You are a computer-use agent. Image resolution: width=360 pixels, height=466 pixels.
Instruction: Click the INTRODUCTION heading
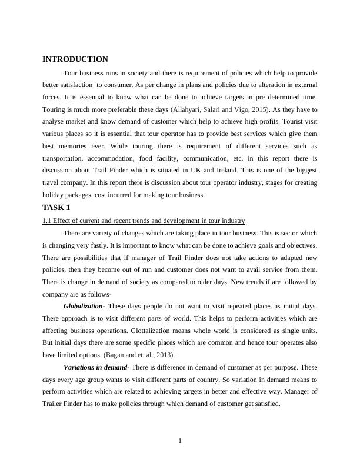75,59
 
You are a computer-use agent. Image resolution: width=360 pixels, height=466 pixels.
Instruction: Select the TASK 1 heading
56,208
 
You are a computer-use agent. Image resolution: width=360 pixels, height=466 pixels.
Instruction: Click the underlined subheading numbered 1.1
144,221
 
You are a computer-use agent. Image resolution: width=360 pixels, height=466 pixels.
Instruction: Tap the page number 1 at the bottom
180,442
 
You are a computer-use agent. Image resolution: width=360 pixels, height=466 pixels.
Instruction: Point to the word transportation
66,159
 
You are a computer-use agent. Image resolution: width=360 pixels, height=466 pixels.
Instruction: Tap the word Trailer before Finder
54,404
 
